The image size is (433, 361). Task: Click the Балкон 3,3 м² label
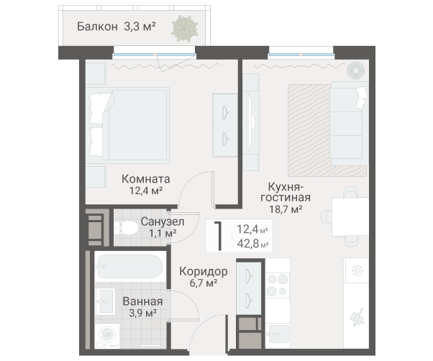(116, 27)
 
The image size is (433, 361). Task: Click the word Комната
(145, 179)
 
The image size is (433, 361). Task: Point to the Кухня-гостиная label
(284, 192)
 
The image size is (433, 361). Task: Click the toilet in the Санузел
(127, 228)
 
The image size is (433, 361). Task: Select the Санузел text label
(163, 221)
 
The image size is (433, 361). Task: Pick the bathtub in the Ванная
(130, 270)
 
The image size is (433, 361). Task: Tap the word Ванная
(142, 301)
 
